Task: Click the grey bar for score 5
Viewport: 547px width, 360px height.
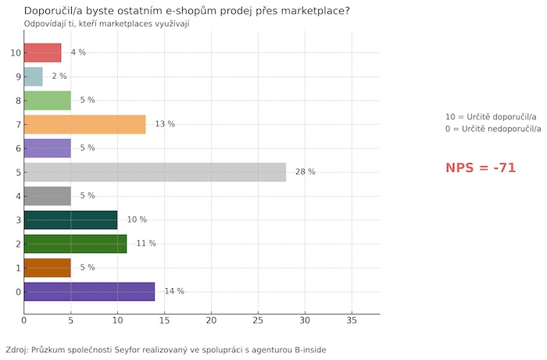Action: pos(155,172)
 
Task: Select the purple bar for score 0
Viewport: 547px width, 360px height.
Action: pos(89,291)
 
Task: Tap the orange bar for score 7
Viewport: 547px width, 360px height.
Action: pos(84,124)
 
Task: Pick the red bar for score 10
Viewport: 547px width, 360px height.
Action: pos(42,52)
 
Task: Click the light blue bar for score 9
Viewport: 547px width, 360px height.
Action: pos(34,77)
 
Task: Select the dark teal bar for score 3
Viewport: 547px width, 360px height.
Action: pos(70,219)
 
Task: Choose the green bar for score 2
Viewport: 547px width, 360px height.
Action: pos(75,244)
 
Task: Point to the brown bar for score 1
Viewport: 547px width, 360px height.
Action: pos(47,267)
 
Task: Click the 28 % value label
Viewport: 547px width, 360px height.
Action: pos(305,172)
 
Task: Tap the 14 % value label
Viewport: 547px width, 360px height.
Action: pos(174,291)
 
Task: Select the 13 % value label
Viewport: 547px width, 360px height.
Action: pos(165,124)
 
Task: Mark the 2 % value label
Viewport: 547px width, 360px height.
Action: pos(59,77)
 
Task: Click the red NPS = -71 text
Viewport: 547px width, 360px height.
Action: pos(481,168)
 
